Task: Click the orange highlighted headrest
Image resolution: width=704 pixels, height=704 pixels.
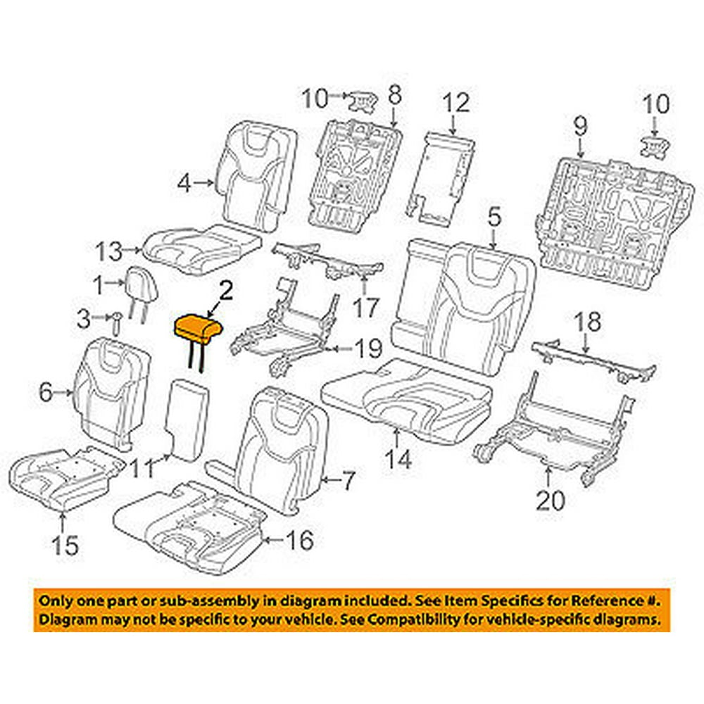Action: click(198, 329)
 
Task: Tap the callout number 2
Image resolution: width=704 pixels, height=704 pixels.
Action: click(225, 290)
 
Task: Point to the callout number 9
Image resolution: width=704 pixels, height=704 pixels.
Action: click(579, 127)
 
